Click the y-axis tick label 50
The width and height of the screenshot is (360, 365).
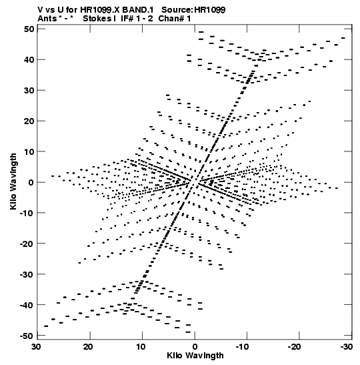(x=29, y=29)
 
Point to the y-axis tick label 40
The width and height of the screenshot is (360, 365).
(x=29, y=60)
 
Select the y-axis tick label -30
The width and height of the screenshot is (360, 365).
(x=27, y=274)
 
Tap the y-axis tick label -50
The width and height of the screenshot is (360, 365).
(x=27, y=336)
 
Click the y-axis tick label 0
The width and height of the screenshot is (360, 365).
(x=31, y=182)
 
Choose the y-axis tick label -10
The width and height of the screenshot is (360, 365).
(x=27, y=213)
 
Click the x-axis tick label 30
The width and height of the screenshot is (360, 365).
(x=36, y=347)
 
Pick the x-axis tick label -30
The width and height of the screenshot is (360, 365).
(x=347, y=347)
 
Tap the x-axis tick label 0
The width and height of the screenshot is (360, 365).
(x=195, y=347)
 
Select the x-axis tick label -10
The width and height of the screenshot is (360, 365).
(x=242, y=347)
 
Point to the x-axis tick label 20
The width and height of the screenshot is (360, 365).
(x=89, y=347)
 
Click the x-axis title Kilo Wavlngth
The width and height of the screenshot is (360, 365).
(x=195, y=356)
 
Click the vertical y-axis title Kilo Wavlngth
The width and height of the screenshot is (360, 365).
(x=13, y=181)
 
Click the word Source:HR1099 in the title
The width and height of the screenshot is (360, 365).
(x=193, y=10)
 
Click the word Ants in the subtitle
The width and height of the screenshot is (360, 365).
(x=47, y=19)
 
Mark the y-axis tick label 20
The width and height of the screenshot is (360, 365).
(x=29, y=121)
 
